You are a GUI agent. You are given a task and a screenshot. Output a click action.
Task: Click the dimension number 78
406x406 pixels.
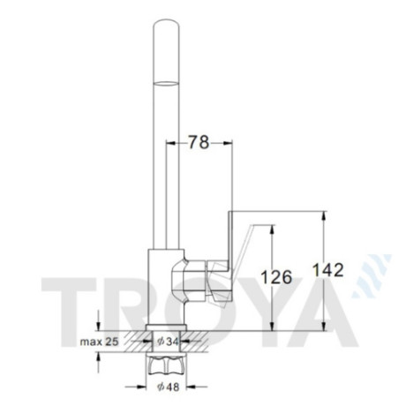(199, 142)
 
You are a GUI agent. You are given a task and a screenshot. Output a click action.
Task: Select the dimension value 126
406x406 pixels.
(276, 277)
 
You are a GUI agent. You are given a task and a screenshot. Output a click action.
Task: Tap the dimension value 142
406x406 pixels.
(327, 270)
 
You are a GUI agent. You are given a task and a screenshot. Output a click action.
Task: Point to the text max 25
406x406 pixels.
(100, 342)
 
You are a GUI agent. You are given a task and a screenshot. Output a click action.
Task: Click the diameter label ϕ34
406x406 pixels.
(168, 342)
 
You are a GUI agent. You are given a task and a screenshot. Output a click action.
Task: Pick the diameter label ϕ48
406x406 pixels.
(168, 387)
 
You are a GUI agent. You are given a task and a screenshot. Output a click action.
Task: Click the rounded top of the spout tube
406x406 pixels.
(166, 24)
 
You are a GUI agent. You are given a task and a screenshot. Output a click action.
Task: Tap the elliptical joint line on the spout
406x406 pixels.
(166, 83)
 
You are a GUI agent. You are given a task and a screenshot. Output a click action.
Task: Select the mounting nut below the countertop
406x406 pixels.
(166, 365)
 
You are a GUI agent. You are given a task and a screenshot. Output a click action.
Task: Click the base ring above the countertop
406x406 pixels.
(166, 327)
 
